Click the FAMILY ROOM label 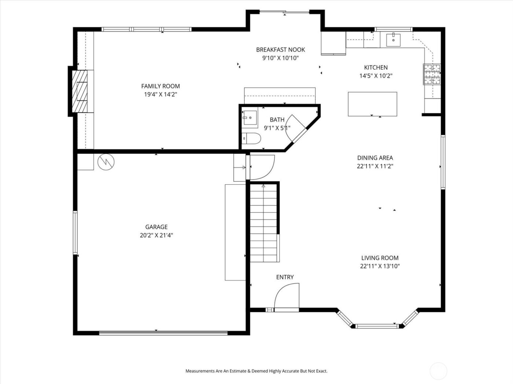(160, 86)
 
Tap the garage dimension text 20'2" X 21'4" (156, 236)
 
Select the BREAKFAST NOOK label (280, 50)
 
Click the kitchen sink (393, 39)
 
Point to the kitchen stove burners (432, 75)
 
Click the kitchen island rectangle (372, 104)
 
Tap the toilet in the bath (252, 139)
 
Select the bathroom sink (250, 118)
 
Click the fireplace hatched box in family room (80, 91)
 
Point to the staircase (263, 223)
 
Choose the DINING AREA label (375, 158)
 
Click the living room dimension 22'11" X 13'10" (380, 267)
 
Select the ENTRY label (285, 277)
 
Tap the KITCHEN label (376, 68)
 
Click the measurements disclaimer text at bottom (256, 371)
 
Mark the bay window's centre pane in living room (377, 325)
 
